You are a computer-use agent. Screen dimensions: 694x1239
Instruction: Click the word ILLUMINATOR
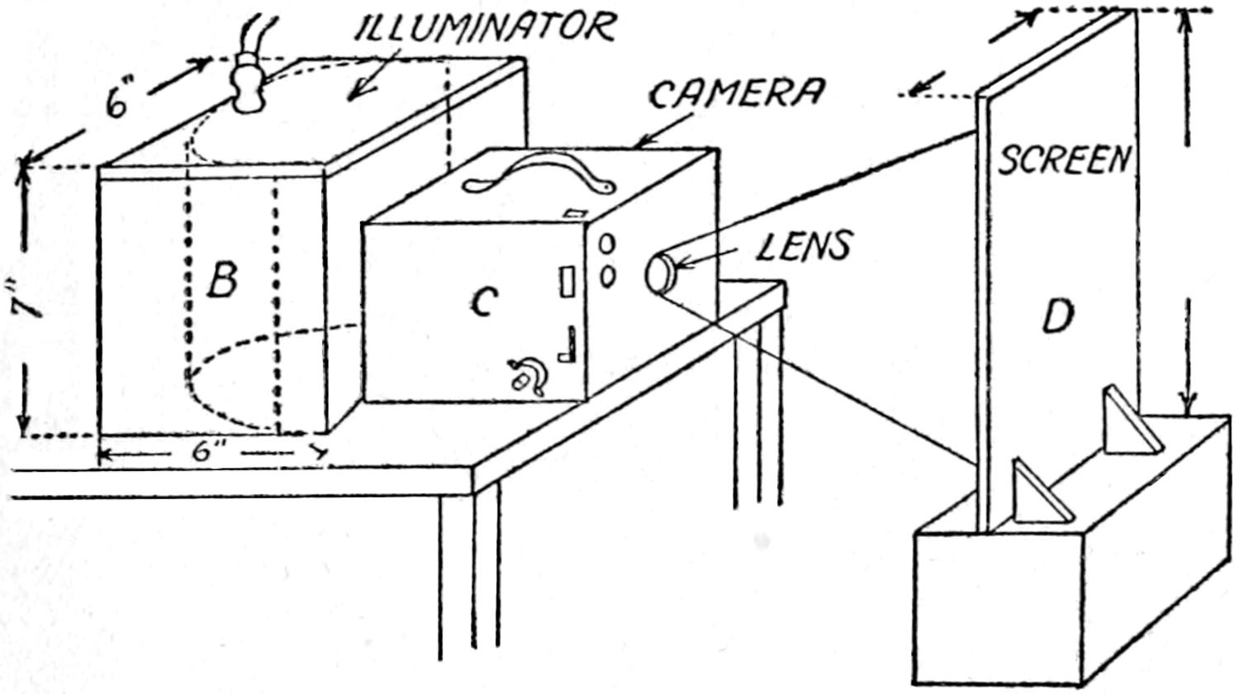(487, 28)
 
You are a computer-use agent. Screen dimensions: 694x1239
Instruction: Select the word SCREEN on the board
(1064, 160)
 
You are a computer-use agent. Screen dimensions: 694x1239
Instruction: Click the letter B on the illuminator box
(221, 280)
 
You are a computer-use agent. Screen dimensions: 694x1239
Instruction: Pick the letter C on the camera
(482, 303)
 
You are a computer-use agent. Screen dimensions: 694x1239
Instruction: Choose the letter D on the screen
(1057, 316)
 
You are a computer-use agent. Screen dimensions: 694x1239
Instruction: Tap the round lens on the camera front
(660, 273)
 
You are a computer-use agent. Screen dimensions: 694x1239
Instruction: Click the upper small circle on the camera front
(607, 245)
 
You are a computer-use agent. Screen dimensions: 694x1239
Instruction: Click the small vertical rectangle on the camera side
(568, 282)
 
